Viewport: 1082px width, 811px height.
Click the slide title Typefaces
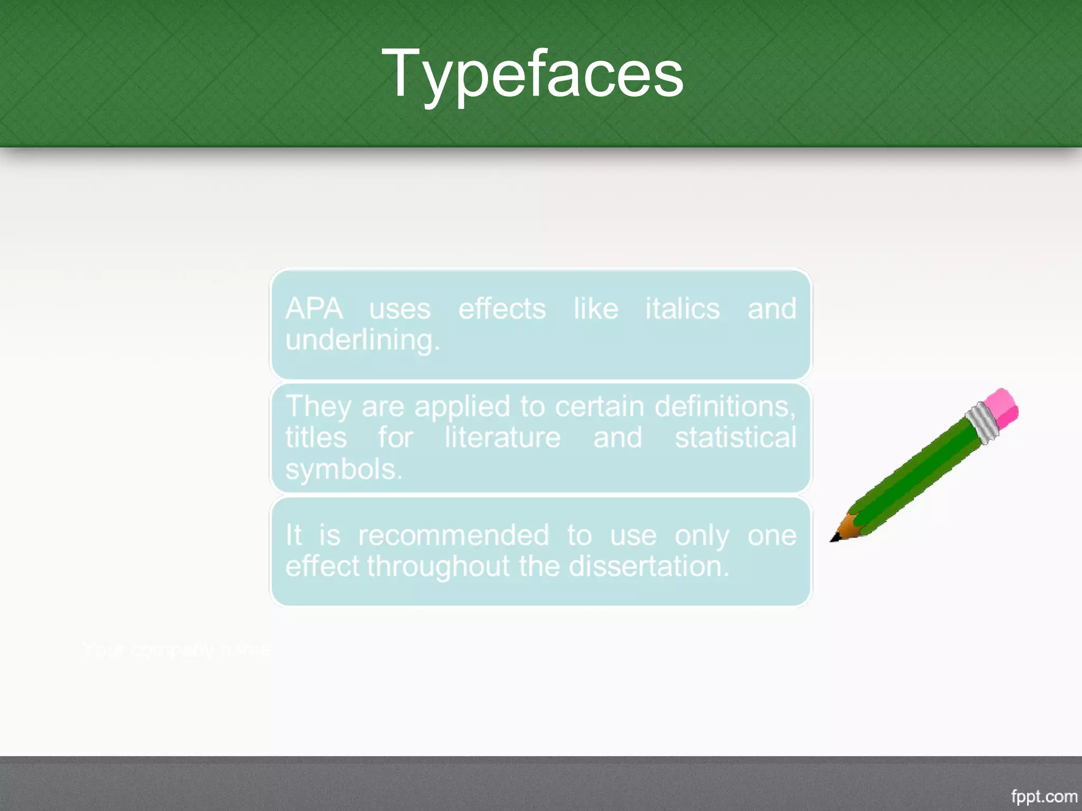532,74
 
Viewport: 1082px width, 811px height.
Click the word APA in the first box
314,308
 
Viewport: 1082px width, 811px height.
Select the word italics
682,308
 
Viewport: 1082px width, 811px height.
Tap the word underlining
362,340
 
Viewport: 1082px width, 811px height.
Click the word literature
502,438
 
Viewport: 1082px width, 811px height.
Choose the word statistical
735,438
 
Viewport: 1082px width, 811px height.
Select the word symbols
343,469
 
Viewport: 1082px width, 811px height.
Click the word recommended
453,535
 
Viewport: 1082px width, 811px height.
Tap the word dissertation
648,566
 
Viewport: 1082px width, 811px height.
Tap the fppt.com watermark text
1043,796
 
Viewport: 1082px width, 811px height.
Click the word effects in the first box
501,308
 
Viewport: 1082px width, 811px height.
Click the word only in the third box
702,535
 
